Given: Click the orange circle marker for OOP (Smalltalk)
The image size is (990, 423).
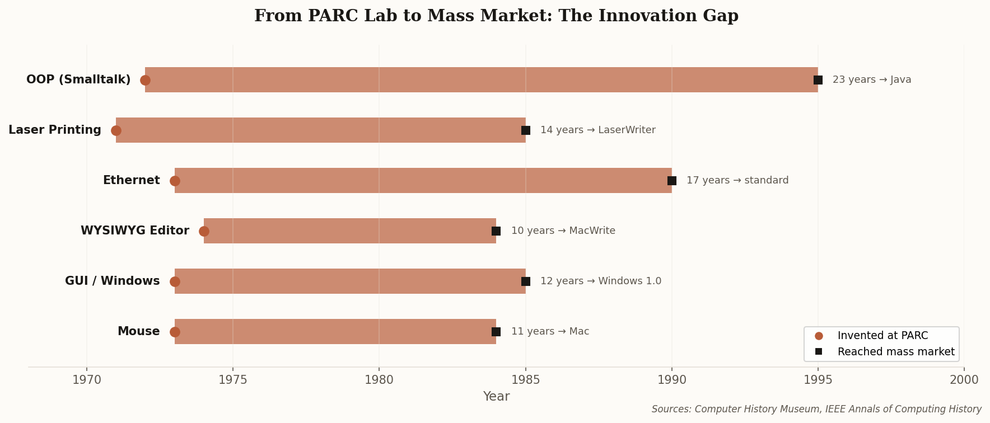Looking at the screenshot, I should (x=145, y=80).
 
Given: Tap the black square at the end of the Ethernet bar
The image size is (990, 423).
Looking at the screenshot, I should (x=672, y=181).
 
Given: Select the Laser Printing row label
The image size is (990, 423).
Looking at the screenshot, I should (x=55, y=130).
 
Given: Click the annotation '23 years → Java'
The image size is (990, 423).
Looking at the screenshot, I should (x=871, y=80).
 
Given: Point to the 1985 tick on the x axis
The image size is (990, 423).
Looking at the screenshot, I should (x=525, y=380).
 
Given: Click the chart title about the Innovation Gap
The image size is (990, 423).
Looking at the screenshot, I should (x=496, y=16).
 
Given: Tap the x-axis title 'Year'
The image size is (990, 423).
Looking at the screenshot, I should (x=496, y=397).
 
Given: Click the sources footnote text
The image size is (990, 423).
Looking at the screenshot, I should (x=816, y=410).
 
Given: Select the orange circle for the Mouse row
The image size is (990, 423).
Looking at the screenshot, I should (x=175, y=332).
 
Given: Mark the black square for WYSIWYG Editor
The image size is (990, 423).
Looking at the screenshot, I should (x=496, y=231).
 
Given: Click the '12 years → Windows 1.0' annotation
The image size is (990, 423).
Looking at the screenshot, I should (x=600, y=281).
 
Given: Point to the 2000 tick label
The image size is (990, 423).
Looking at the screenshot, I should (x=964, y=380).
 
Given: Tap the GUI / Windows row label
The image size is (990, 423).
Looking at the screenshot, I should (x=112, y=281).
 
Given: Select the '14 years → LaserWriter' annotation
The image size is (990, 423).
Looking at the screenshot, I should (x=597, y=130).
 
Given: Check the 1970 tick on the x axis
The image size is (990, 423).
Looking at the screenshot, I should (x=87, y=380).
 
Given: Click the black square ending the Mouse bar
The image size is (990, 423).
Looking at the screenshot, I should (x=496, y=332).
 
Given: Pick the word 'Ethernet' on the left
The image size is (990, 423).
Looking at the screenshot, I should (x=131, y=181).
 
